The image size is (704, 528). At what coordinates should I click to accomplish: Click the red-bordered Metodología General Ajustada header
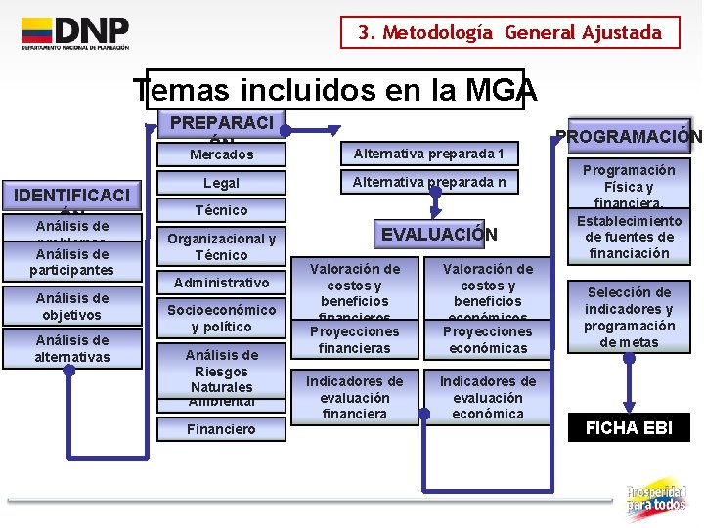coord(509,32)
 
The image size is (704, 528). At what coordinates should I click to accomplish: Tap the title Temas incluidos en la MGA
coord(335,91)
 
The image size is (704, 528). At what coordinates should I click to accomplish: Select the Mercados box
coord(221,154)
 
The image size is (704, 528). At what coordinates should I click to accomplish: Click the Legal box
coord(221,183)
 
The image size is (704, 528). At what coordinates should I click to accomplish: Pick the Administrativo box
coord(221,283)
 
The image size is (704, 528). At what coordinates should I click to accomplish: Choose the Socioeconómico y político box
coord(221,318)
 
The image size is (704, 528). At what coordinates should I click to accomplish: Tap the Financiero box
coord(221,428)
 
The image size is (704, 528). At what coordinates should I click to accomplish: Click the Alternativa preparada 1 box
coord(428,154)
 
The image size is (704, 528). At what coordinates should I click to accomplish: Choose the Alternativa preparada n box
coord(428,182)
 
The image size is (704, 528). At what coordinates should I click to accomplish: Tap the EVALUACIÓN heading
coord(438,235)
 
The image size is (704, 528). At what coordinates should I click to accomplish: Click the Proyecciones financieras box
coord(354,339)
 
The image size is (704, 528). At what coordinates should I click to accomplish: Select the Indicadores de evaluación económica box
coord(487,397)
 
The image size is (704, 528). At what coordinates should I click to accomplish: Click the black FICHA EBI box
coord(629,428)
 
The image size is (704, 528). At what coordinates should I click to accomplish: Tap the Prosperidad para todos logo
coord(656,498)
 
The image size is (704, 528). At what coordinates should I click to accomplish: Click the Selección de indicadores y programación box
coord(629,317)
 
